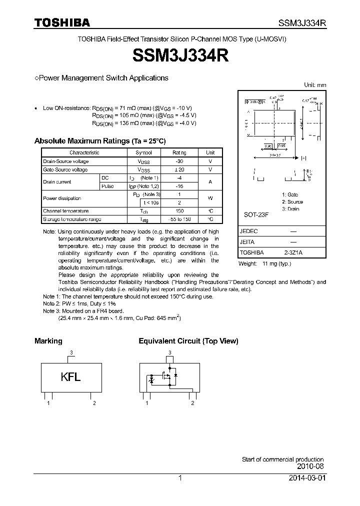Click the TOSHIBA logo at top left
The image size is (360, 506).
[x=62, y=22]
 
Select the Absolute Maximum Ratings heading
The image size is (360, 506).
[x=99, y=141]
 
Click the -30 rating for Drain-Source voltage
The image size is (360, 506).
[x=179, y=161]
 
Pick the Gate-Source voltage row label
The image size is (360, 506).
[x=65, y=170]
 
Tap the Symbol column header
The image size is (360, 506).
[x=143, y=152]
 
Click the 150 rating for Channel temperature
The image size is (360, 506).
[x=179, y=211]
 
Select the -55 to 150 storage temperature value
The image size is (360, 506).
[x=179, y=219]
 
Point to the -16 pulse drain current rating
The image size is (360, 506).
[x=179, y=186]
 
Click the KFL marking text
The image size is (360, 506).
[x=70, y=377]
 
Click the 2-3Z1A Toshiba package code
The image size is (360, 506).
[x=292, y=253]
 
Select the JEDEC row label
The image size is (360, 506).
[x=249, y=231]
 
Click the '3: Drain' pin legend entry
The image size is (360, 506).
[x=290, y=209]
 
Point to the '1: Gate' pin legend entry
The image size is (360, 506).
[x=289, y=194]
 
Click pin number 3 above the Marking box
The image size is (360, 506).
[x=71, y=352]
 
